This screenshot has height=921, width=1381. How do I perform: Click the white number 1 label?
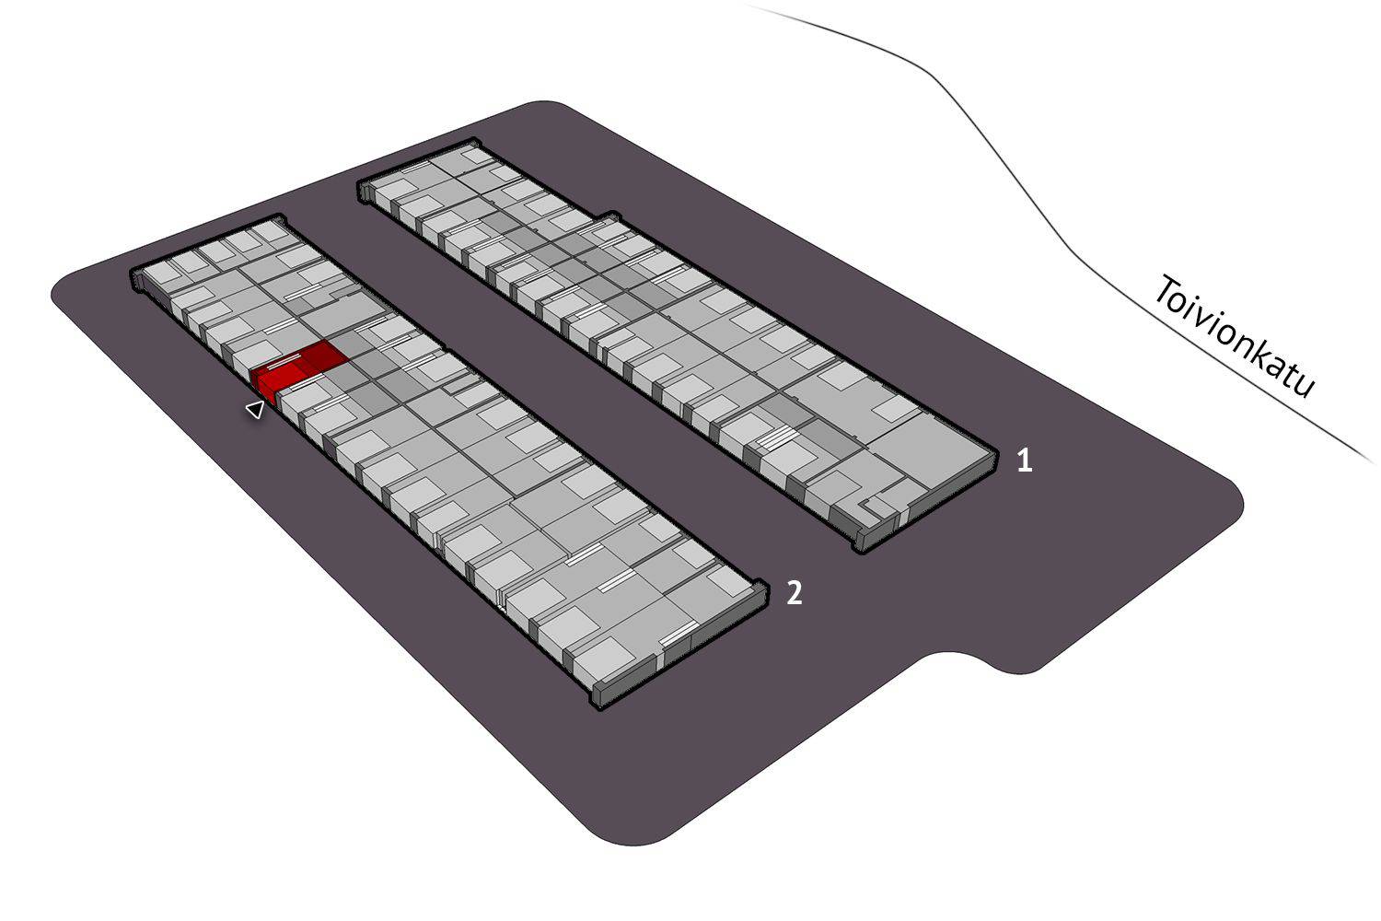click(x=1024, y=460)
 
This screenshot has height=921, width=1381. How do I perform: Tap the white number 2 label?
click(x=795, y=593)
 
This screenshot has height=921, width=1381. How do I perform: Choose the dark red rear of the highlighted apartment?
click(x=319, y=356)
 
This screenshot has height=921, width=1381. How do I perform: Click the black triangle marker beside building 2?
click(x=255, y=409)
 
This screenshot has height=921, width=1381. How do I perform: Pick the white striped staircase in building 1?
click(x=776, y=438)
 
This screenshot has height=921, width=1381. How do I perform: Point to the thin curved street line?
click(x=1011, y=166)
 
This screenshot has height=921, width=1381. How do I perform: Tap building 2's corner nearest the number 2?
click(x=766, y=586)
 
